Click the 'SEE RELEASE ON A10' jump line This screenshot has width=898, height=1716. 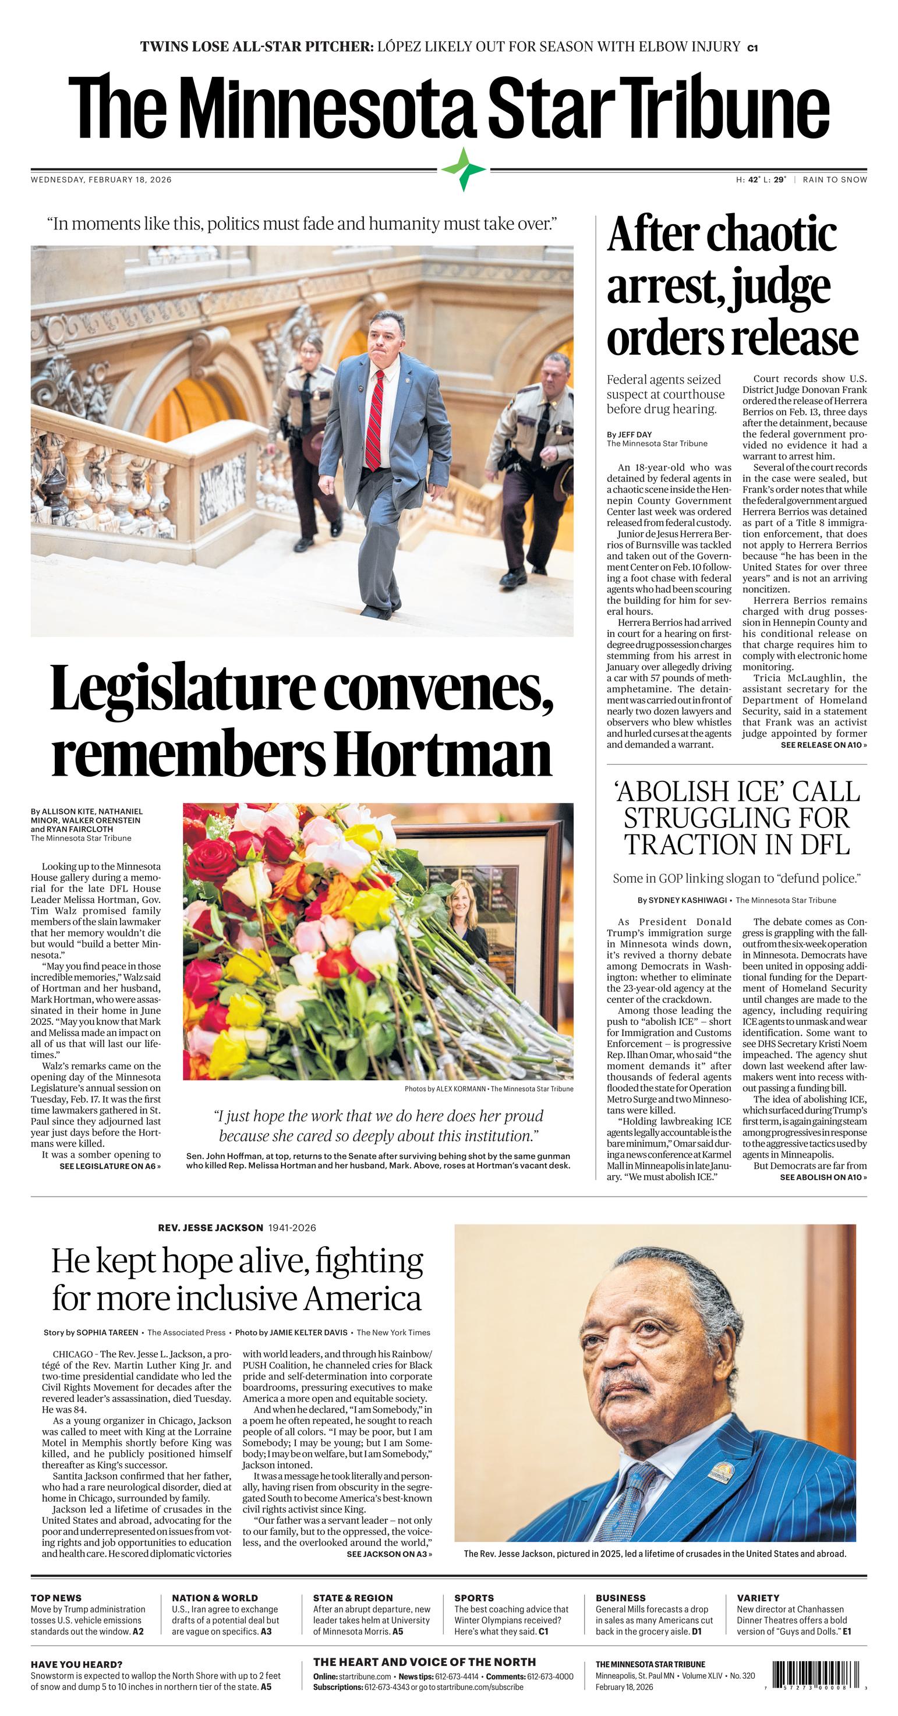(823, 745)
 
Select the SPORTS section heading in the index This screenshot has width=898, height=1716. (473, 1597)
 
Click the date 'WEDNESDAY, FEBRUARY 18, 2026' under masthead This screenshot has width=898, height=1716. (101, 180)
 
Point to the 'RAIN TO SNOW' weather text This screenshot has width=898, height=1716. (835, 180)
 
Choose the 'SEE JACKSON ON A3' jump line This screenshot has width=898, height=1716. (389, 1554)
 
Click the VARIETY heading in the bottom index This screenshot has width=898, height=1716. (758, 1597)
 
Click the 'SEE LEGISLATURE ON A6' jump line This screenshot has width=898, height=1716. (110, 1166)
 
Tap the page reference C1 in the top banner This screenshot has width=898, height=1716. (752, 47)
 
